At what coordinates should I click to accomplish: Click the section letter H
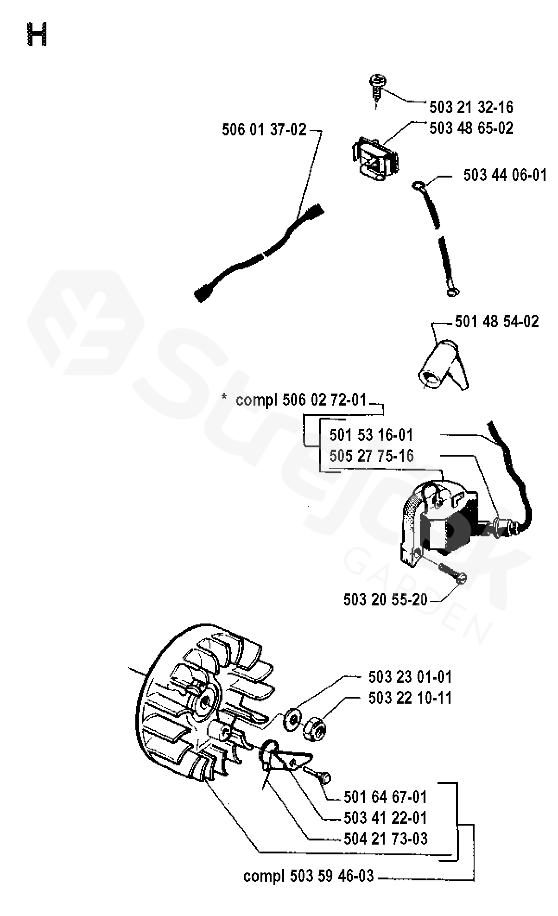click(37, 35)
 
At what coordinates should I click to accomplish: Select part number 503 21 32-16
click(471, 107)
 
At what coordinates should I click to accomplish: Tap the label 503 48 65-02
click(471, 128)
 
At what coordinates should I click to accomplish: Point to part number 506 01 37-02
click(264, 130)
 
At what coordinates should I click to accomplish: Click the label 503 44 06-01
click(505, 175)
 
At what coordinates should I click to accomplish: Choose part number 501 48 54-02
click(497, 321)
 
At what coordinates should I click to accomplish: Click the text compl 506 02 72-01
click(301, 400)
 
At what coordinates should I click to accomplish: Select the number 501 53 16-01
click(371, 435)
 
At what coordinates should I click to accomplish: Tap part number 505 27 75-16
click(371, 456)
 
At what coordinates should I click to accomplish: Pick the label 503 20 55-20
click(385, 599)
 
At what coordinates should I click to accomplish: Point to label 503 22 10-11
click(410, 698)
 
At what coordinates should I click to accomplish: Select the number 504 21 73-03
click(386, 838)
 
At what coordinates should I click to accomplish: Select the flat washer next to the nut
click(292, 718)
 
